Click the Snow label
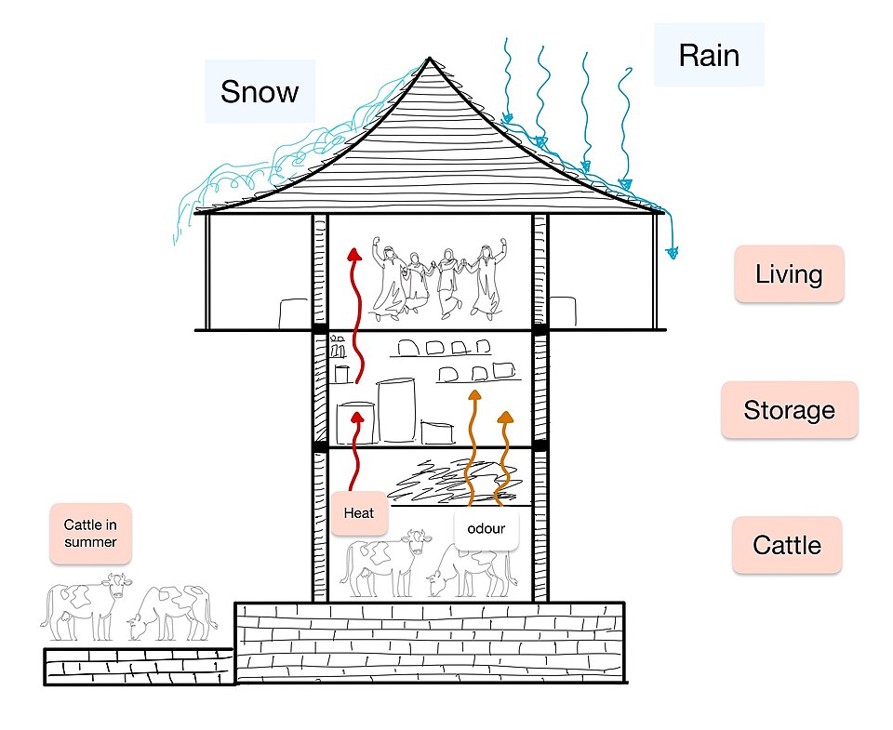[260, 91]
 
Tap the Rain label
[709, 55]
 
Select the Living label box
[789, 274]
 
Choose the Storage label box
[790, 410]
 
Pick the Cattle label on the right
[787, 545]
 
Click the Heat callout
[359, 513]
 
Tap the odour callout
[486, 528]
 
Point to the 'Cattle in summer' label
[90, 533]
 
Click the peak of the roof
[430, 58]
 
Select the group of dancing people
[438, 278]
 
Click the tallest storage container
[396, 409]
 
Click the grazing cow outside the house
[171, 612]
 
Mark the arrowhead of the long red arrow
[354, 254]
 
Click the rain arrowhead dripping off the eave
[673, 252]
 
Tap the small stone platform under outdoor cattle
[140, 666]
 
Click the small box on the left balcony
[293, 313]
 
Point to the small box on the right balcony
[562, 312]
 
